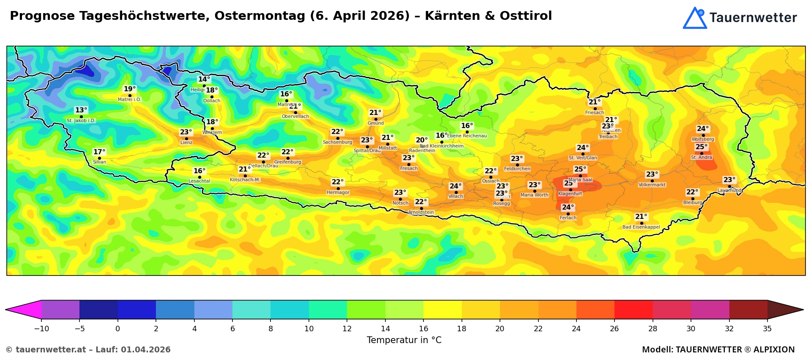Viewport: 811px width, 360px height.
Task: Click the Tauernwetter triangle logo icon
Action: (x=695, y=18)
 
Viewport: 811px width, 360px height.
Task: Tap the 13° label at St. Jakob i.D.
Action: (x=81, y=110)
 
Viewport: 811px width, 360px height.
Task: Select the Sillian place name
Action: (x=100, y=162)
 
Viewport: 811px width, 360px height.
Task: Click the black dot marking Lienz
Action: (x=186, y=139)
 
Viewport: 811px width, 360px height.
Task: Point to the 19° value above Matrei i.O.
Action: (x=130, y=89)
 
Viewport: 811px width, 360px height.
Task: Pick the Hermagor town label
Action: (x=338, y=193)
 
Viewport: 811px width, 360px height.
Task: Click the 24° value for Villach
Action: (x=456, y=186)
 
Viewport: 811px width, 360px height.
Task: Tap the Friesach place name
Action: (x=595, y=113)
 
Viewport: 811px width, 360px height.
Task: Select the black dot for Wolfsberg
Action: (x=703, y=135)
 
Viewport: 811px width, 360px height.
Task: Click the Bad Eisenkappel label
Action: (x=641, y=227)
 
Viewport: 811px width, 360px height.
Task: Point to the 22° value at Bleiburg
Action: (x=692, y=192)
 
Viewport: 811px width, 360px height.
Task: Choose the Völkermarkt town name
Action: (x=652, y=185)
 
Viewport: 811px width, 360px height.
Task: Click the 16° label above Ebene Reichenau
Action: (x=467, y=126)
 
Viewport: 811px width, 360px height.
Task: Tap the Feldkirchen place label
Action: (x=517, y=169)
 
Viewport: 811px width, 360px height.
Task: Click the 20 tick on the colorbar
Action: (x=500, y=329)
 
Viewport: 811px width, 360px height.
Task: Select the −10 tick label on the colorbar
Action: (x=41, y=329)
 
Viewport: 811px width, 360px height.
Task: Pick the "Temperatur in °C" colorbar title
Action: (x=404, y=340)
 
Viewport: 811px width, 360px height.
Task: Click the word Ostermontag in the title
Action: (x=260, y=16)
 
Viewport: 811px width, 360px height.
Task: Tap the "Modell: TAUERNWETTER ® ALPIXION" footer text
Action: (x=718, y=349)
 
